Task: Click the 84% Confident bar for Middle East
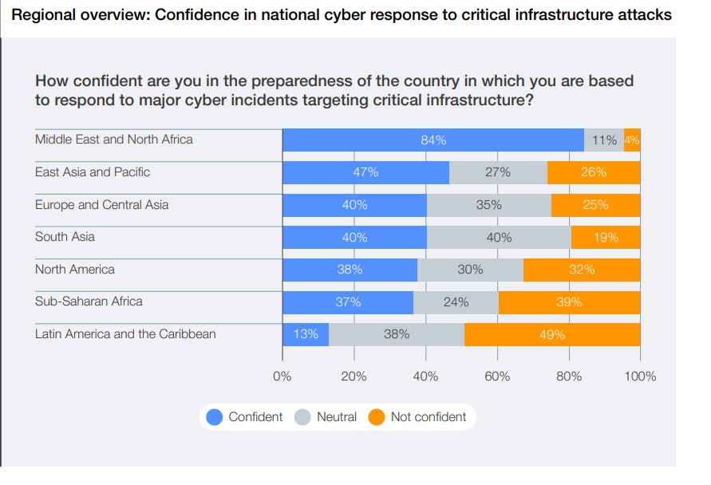(433, 140)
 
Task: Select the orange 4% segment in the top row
(632, 140)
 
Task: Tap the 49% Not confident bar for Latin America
(552, 335)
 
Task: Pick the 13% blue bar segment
(306, 335)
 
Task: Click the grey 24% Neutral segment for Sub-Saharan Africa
(456, 302)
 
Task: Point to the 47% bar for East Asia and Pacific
(365, 172)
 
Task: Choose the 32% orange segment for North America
(582, 270)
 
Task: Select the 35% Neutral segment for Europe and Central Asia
(488, 205)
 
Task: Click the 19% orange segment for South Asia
(606, 238)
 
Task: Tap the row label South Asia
(65, 237)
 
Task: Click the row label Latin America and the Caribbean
(125, 334)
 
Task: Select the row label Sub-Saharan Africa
(89, 302)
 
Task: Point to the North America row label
(74, 270)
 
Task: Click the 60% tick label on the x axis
(497, 377)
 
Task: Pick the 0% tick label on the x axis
(282, 377)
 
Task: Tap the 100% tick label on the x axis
(640, 377)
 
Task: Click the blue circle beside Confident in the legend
(215, 417)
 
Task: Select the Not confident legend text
(429, 417)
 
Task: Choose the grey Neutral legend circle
(302, 417)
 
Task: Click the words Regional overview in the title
(61, 15)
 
